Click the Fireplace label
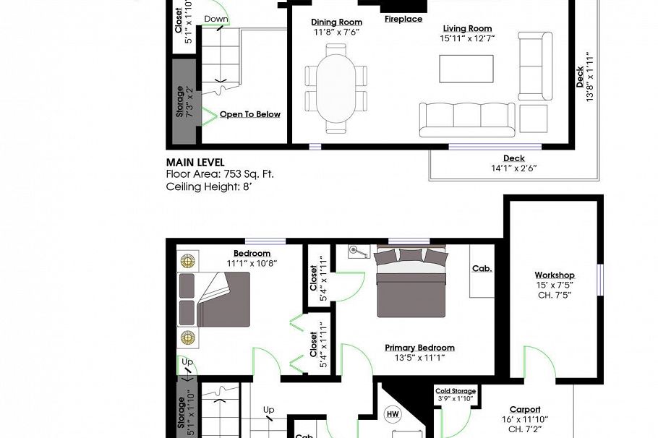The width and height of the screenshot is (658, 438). (403, 20)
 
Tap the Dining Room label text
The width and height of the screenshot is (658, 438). (336, 22)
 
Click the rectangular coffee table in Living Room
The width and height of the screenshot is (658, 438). (466, 69)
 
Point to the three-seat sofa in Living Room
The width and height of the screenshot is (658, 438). (467, 119)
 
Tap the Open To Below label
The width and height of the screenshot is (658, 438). (250, 114)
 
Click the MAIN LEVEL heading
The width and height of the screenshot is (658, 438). (195, 163)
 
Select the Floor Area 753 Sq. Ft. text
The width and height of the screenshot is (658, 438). (220, 174)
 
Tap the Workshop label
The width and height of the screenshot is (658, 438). (554, 275)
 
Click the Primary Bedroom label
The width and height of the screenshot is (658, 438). (419, 348)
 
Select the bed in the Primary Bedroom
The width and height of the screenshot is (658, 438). (410, 282)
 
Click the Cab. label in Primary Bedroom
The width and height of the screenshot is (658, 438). (482, 268)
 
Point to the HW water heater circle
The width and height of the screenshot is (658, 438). (392, 414)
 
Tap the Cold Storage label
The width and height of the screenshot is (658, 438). (455, 391)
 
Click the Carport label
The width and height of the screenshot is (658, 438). (524, 409)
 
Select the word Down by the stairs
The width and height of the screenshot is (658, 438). (216, 19)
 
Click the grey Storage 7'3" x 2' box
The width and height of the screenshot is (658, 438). (185, 102)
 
